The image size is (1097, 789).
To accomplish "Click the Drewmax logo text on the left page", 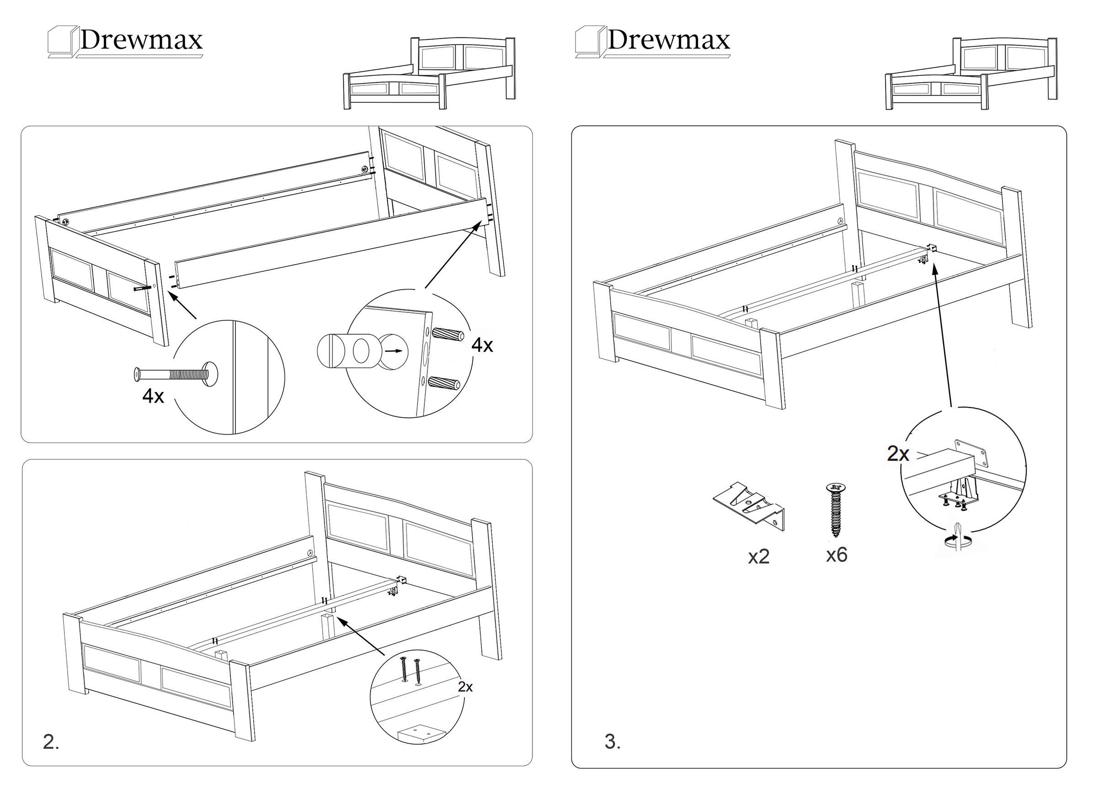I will point(141,40).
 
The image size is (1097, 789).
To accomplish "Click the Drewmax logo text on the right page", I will point(668,40).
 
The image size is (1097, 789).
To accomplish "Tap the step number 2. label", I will point(51,741).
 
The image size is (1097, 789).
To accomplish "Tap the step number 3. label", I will point(612,741).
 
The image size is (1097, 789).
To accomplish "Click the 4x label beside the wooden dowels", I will point(482,345).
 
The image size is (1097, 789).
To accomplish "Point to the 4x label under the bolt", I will point(153,397).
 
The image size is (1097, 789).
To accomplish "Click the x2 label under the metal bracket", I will point(758,557).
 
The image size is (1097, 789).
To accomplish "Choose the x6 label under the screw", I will point(836,555).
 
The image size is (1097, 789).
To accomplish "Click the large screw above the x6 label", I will point(836,509).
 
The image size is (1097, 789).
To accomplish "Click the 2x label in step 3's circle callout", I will point(898,454).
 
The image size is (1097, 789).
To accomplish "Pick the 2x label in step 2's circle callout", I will point(465,687).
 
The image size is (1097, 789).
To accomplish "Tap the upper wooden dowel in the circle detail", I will point(448,334).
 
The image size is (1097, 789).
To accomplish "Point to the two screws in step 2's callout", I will point(410,669).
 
